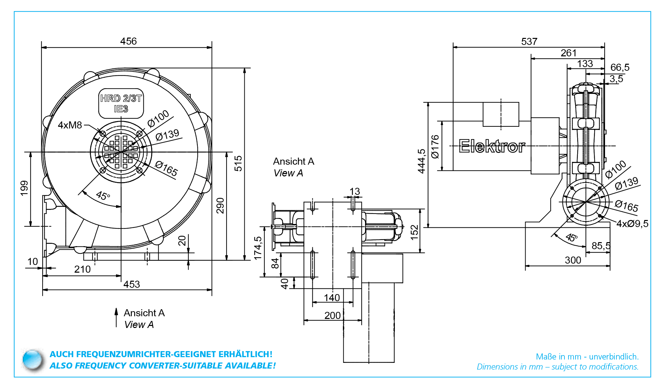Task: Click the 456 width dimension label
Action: (128, 41)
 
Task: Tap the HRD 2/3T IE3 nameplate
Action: (121, 104)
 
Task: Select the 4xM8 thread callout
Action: (70, 125)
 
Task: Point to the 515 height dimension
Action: (238, 163)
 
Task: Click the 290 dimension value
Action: (220, 206)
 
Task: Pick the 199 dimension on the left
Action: (24, 188)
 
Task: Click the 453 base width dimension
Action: (131, 284)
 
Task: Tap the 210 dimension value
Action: (82, 269)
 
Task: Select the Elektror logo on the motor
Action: (492, 147)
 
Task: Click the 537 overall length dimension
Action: (529, 42)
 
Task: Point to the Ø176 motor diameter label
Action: (435, 147)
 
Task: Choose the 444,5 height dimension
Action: (422, 161)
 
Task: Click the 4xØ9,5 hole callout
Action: (632, 224)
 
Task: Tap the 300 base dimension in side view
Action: (573, 260)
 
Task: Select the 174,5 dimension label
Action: (258, 248)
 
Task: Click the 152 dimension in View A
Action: (415, 232)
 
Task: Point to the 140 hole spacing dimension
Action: (332, 298)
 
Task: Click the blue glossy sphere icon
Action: (33, 360)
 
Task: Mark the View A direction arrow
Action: (116, 318)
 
